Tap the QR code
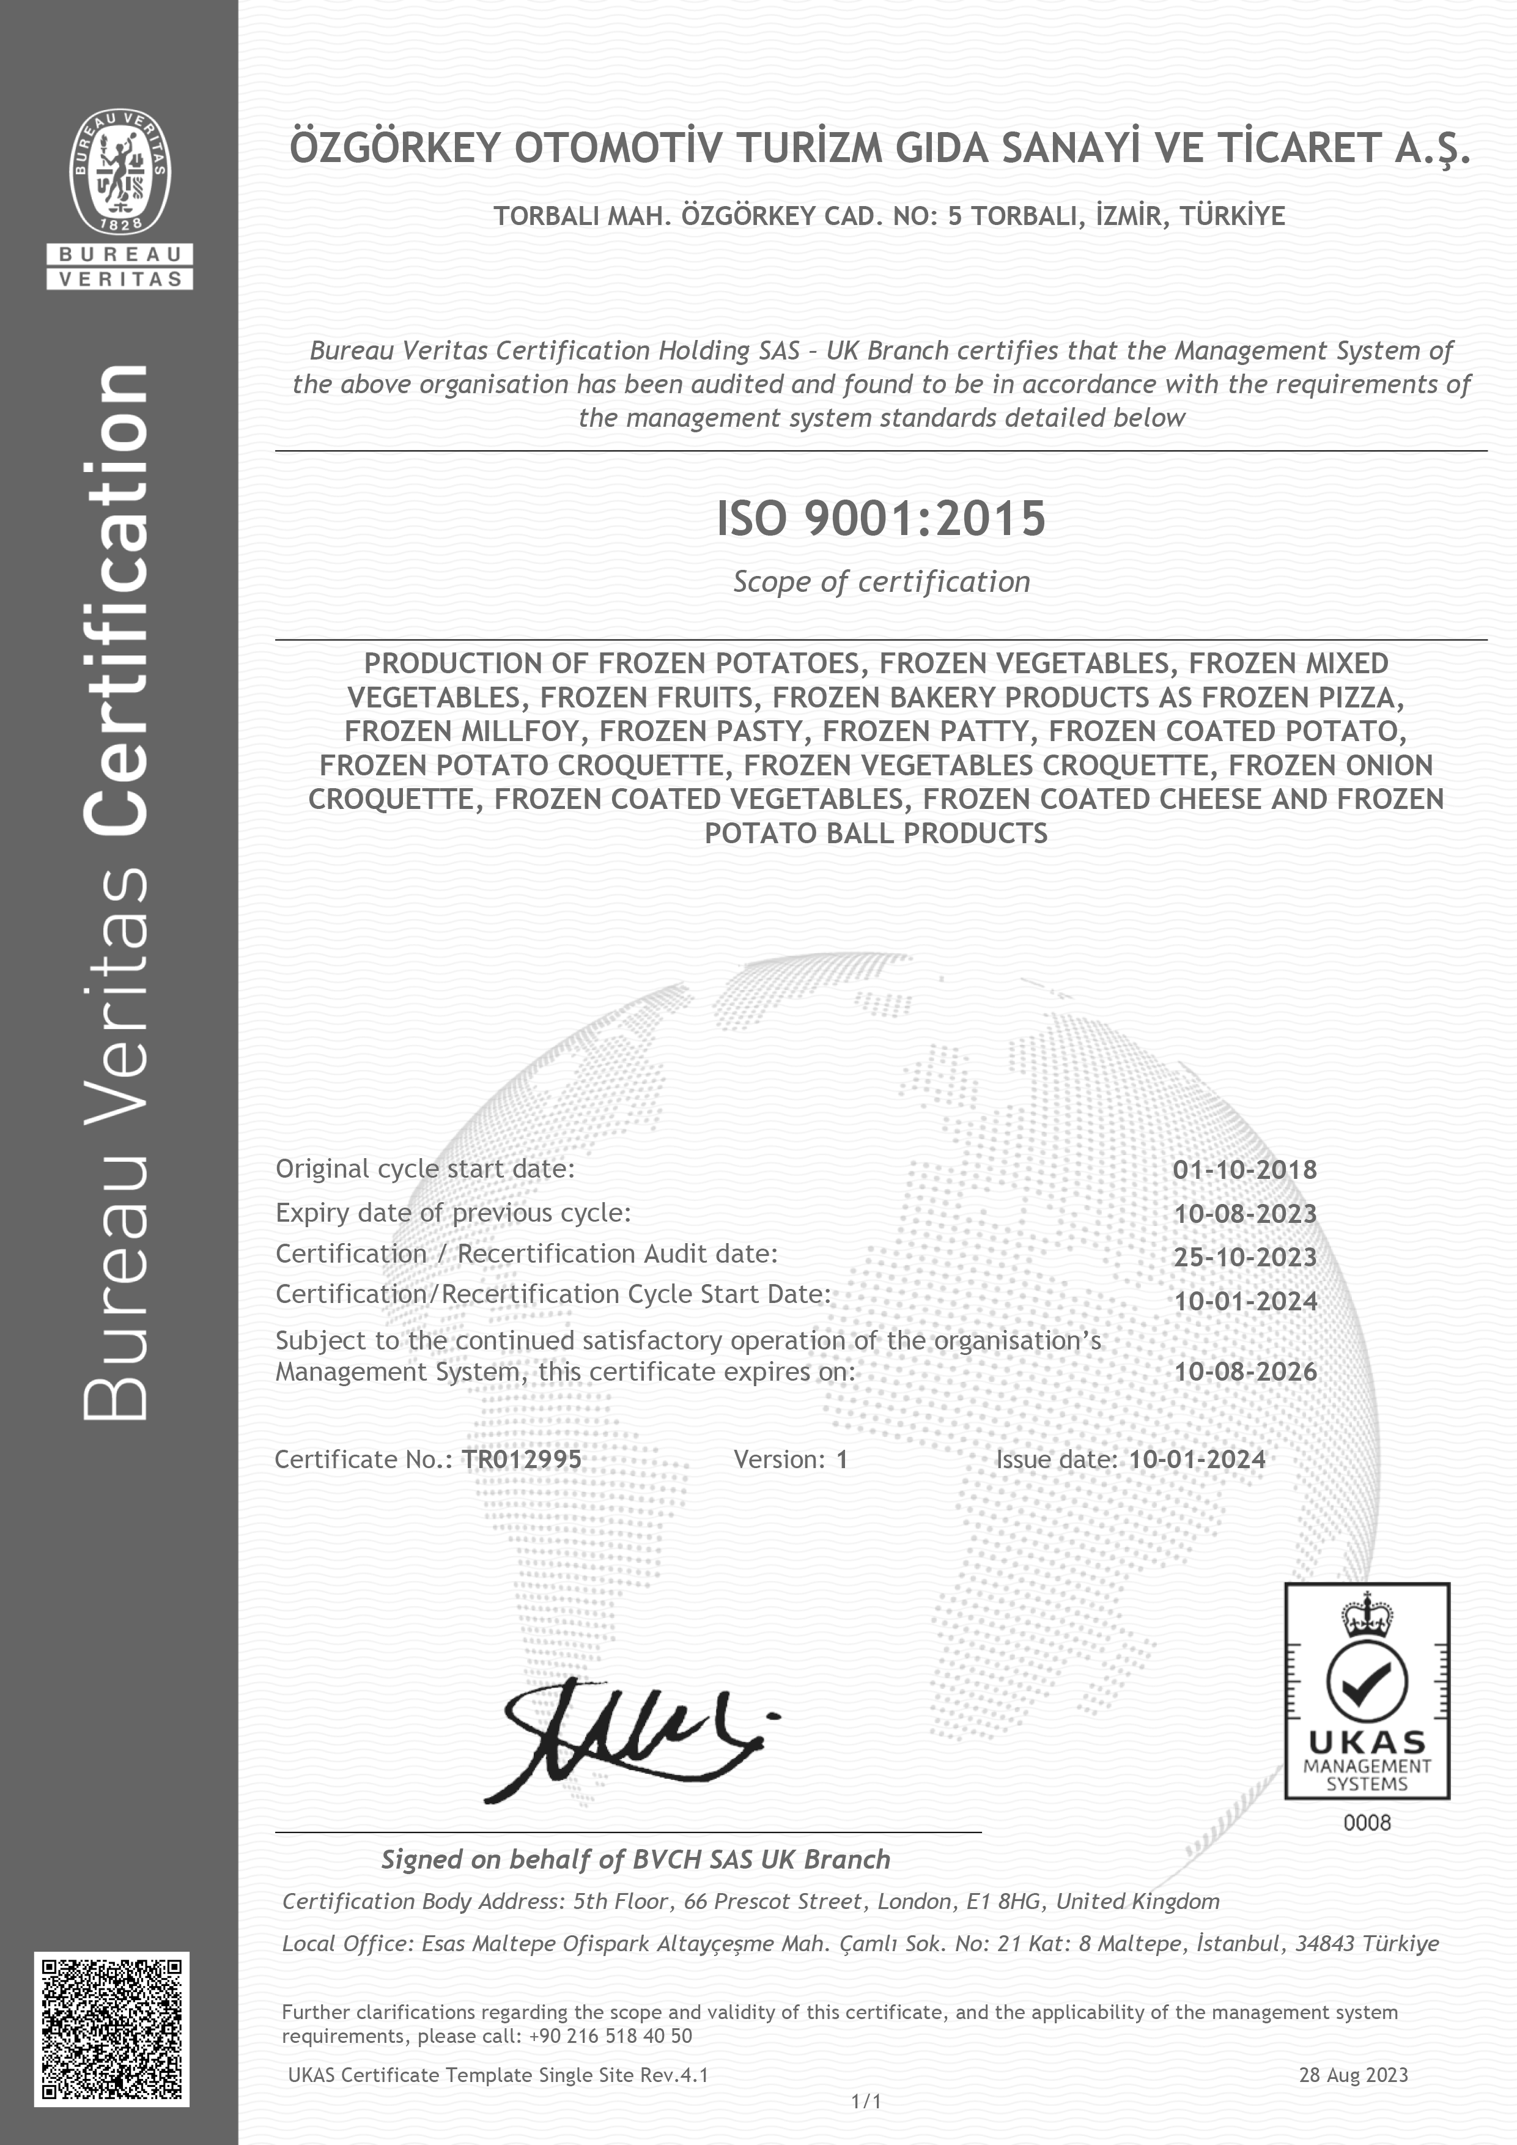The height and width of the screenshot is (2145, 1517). (x=112, y=2029)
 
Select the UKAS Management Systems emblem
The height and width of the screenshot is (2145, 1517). (x=1367, y=1691)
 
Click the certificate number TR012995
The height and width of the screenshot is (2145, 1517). (x=521, y=1460)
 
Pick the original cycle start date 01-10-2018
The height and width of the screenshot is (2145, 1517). (x=1245, y=1170)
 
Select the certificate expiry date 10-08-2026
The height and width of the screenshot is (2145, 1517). (x=1245, y=1372)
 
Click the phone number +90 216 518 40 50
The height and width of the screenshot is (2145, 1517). (x=610, y=2036)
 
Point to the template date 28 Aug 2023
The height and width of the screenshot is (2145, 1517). (x=1353, y=2075)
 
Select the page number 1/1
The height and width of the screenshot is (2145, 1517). (x=866, y=2102)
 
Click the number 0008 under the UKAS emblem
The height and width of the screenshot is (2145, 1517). (x=1367, y=1823)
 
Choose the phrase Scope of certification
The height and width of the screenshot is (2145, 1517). (x=881, y=582)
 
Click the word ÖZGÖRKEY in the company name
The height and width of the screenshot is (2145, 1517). (x=396, y=149)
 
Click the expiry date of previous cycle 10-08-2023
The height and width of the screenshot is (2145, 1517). (x=1245, y=1214)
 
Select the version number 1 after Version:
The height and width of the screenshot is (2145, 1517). (x=841, y=1460)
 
